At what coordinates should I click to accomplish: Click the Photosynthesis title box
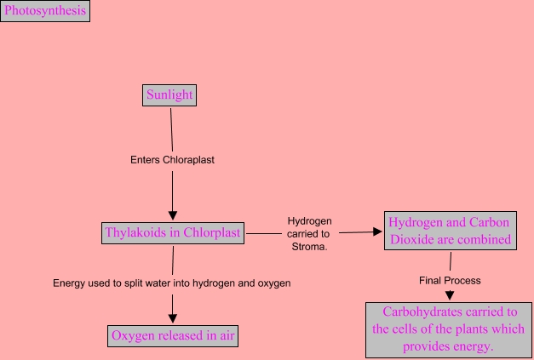(x=45, y=11)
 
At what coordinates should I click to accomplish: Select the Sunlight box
(x=169, y=95)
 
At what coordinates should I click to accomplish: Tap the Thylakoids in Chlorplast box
(x=173, y=232)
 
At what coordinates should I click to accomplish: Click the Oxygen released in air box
(x=173, y=336)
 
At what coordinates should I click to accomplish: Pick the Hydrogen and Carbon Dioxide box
(x=450, y=231)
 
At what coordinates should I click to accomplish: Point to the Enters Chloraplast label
(x=172, y=159)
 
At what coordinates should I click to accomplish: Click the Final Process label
(x=450, y=280)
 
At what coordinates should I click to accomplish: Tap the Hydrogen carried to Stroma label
(x=309, y=233)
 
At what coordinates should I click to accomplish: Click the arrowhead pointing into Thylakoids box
(x=173, y=216)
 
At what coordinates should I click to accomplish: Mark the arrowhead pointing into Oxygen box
(x=173, y=317)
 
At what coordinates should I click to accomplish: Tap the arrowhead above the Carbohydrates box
(x=450, y=296)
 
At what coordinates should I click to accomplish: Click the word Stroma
(x=308, y=247)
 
